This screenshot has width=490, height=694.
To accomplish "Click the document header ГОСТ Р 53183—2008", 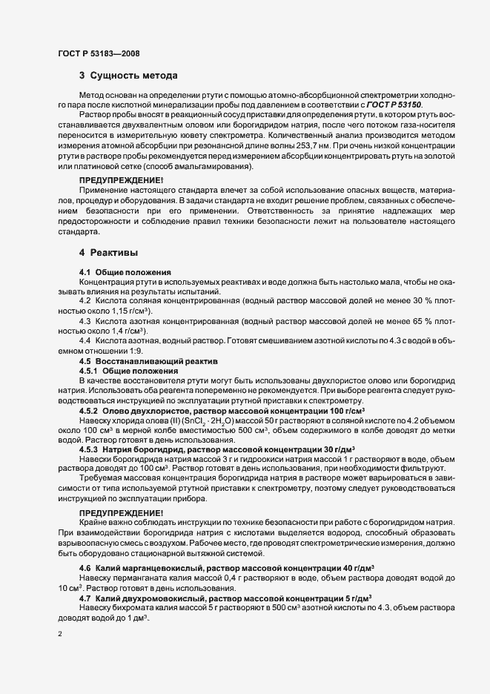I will click(x=98, y=53).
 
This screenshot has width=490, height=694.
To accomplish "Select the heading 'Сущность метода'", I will click(x=133, y=76).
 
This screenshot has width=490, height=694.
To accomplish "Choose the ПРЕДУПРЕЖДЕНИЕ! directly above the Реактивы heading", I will click(x=122, y=181).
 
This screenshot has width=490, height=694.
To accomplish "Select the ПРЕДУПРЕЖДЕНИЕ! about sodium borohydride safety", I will click(x=122, y=513).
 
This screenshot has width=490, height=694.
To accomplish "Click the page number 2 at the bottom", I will click(x=59, y=635).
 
